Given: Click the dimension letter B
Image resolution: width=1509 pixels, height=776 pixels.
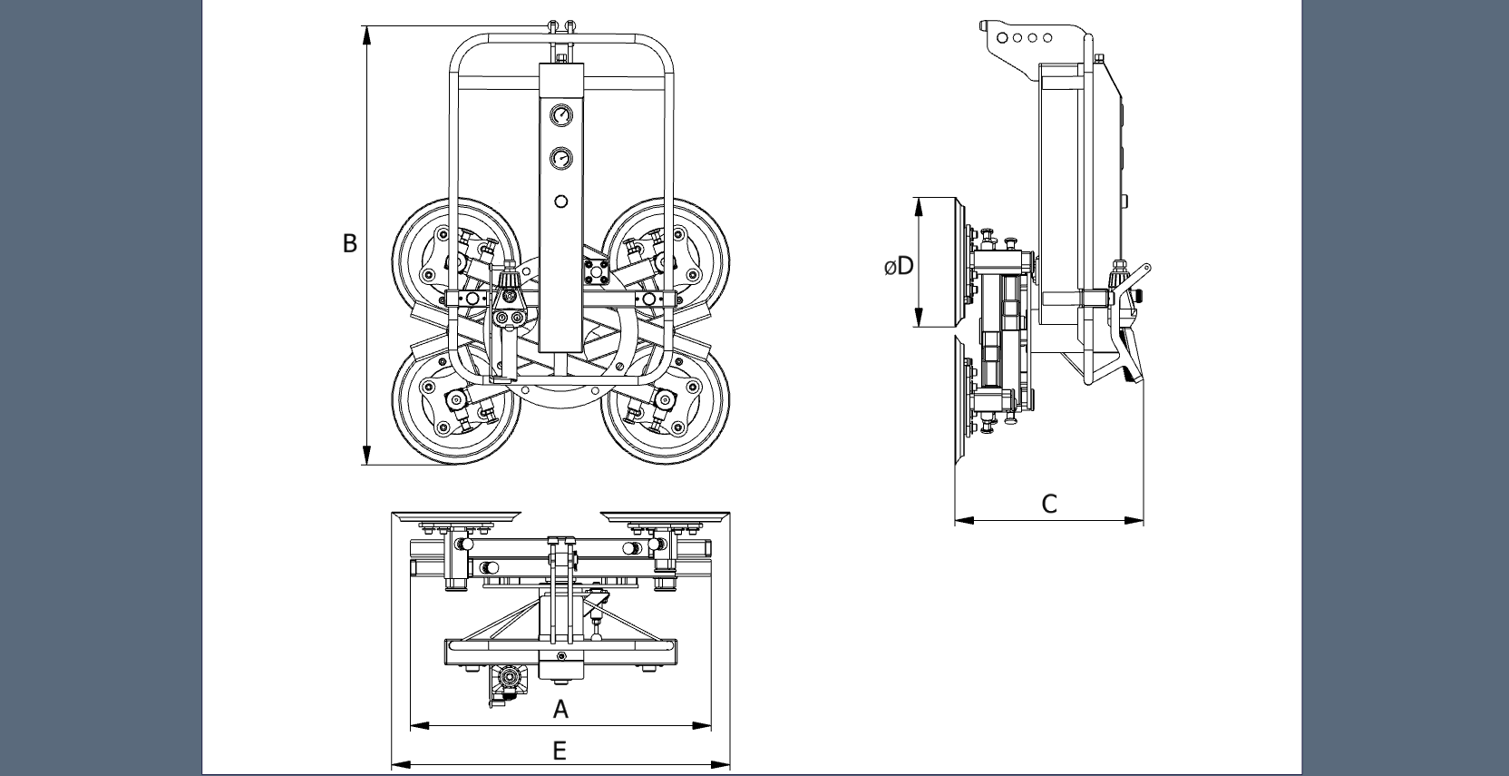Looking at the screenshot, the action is [x=350, y=243].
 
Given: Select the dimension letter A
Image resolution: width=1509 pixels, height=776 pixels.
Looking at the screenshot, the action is [x=560, y=709].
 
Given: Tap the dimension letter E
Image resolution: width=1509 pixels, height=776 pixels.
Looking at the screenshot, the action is [x=560, y=751].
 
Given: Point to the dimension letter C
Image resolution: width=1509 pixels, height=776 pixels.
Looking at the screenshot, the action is [x=1049, y=505].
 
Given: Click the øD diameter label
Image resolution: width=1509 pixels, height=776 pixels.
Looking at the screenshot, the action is [x=899, y=266].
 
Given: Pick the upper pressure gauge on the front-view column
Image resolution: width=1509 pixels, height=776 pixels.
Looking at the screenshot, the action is [x=560, y=115].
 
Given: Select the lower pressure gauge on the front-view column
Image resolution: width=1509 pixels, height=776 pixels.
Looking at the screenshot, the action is [x=560, y=159].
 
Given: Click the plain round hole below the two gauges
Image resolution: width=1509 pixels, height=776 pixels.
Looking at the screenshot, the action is [x=560, y=201].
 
